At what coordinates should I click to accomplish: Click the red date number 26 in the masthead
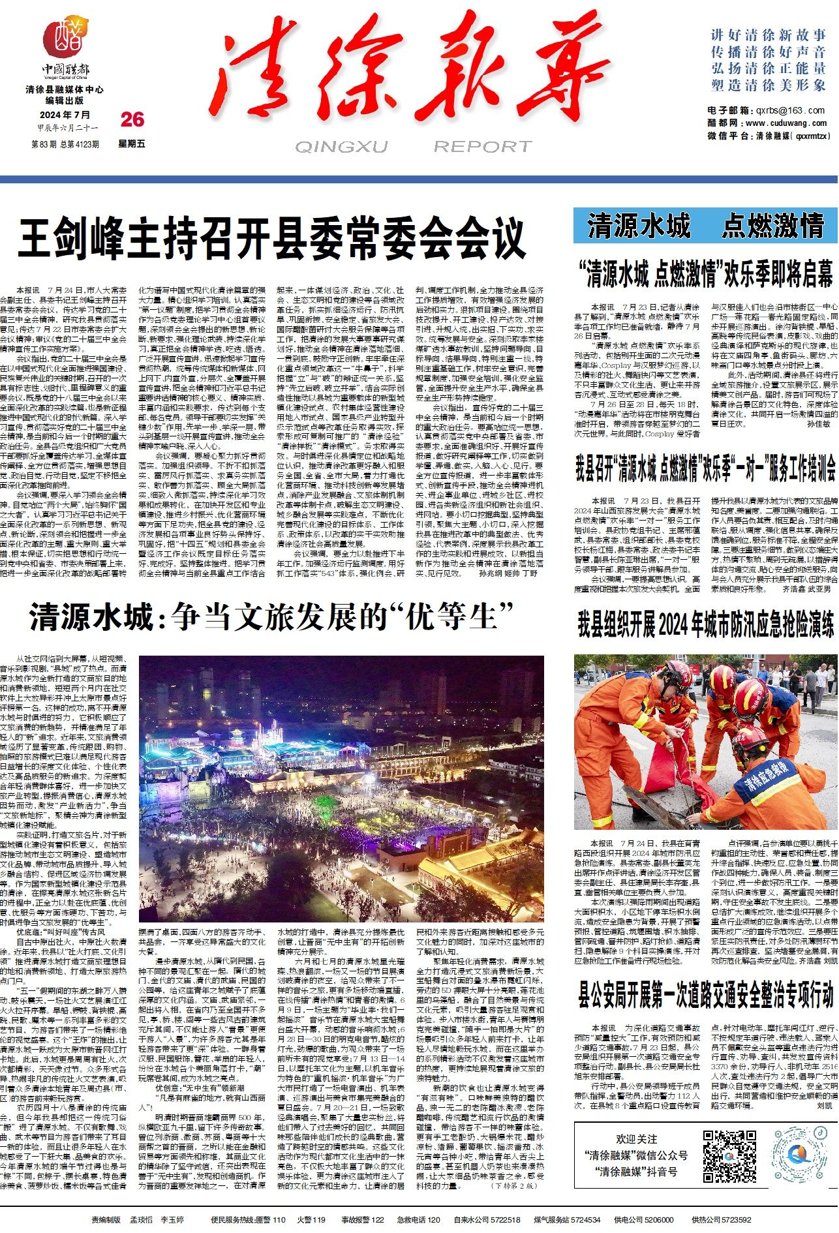click(x=132, y=119)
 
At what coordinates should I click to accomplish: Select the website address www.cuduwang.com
click(x=786, y=123)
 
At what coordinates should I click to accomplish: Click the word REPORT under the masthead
click(x=483, y=147)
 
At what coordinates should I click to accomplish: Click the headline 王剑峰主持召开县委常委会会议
click(x=271, y=240)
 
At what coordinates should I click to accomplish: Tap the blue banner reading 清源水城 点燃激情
click(x=705, y=226)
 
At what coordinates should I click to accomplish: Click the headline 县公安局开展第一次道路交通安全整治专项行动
click(x=705, y=994)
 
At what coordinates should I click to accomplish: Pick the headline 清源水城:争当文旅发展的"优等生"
click(x=271, y=617)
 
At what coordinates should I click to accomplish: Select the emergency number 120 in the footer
click(x=433, y=1219)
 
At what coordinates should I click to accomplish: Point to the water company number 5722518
click(x=506, y=1219)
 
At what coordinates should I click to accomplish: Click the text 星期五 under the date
click(x=132, y=144)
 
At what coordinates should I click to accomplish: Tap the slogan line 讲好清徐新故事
click(x=769, y=35)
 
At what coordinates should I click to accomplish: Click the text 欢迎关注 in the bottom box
click(x=637, y=1139)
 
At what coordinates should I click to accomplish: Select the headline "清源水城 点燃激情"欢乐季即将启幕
click(x=705, y=274)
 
